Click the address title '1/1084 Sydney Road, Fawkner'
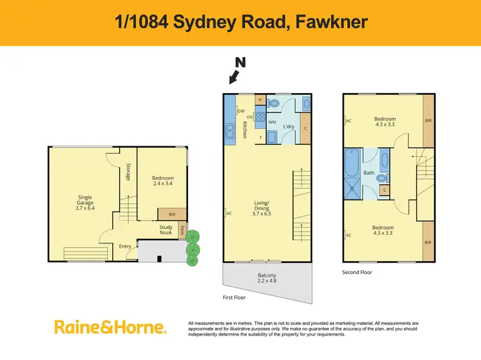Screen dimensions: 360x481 [240, 22]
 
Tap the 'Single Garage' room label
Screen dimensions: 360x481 [84, 203]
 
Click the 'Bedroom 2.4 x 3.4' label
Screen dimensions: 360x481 [162, 182]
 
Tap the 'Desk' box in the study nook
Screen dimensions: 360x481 [182, 232]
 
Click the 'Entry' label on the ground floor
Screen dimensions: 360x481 [125, 246]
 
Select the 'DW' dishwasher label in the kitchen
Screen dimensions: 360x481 [241, 111]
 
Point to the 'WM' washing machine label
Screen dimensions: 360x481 [272, 122]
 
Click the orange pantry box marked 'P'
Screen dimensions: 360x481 [260, 100]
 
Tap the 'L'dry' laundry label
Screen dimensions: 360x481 [288, 126]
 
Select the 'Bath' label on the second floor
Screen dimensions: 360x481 [368, 173]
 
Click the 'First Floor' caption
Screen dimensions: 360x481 [233, 298]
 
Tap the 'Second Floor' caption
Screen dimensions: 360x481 [357, 272]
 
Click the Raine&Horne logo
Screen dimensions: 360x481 [110, 327]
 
